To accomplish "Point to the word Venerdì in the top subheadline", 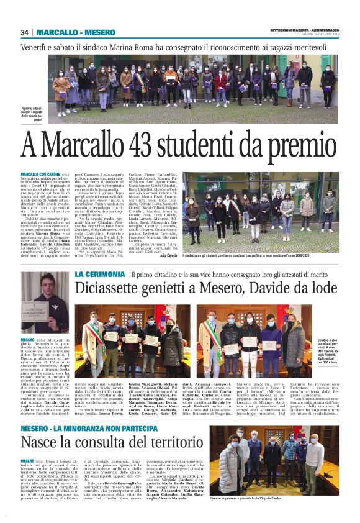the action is [34, 47].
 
